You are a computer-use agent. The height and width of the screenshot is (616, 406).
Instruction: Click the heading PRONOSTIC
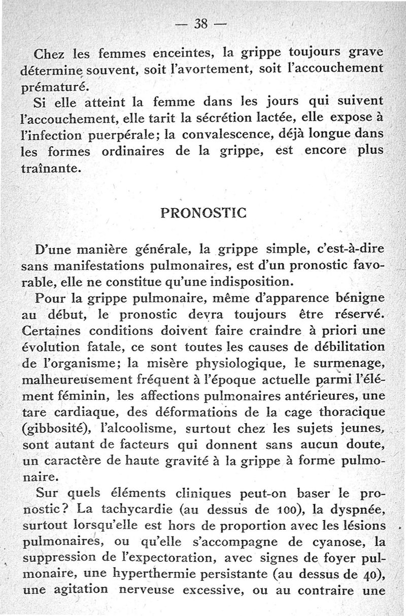point(203,213)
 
